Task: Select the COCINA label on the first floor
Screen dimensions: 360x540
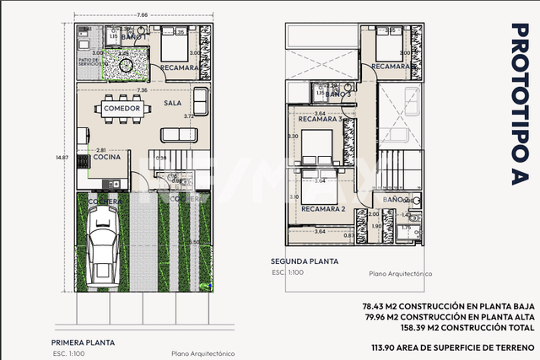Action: [106, 157]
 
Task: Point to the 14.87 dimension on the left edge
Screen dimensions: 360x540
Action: [62, 157]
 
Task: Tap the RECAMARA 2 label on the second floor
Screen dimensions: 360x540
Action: [325, 208]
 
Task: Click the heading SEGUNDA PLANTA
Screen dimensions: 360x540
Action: [305, 261]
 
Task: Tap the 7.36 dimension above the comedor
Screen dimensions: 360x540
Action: [142, 90]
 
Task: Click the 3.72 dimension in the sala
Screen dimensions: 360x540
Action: [189, 116]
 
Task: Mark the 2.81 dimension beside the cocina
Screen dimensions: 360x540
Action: [101, 149]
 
